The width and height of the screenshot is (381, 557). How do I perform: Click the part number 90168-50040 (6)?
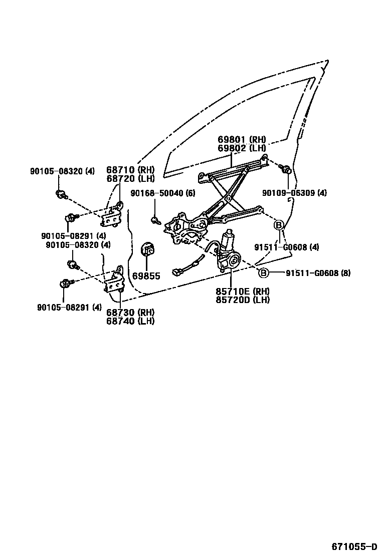(163, 193)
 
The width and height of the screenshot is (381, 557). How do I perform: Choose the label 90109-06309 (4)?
(294, 193)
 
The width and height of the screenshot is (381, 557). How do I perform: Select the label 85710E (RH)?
(243, 292)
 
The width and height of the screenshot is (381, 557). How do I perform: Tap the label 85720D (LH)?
(243, 300)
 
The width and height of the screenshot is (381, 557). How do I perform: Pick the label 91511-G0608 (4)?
(286, 247)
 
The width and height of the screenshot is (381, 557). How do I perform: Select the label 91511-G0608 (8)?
(318, 273)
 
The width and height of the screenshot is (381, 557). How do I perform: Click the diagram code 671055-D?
(354, 546)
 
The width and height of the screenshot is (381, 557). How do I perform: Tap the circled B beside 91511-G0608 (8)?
(264, 273)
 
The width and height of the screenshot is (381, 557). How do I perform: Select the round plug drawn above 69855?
(148, 249)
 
